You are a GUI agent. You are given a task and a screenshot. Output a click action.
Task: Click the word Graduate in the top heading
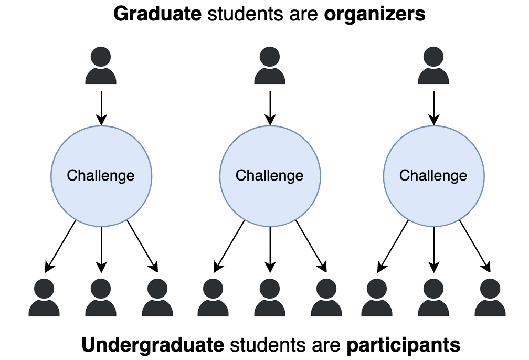point(157,14)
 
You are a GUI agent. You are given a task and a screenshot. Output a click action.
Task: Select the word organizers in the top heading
point(374,14)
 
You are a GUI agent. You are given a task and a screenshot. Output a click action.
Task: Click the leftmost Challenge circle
point(101,175)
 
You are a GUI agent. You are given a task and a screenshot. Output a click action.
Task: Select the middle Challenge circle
point(270,175)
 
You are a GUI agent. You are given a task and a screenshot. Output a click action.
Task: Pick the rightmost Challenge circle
point(433,175)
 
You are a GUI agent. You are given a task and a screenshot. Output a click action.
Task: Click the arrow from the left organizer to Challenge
point(101,108)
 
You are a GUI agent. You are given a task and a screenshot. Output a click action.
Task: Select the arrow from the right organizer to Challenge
point(433,108)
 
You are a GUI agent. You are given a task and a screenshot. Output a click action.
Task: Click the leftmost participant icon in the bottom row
point(44,298)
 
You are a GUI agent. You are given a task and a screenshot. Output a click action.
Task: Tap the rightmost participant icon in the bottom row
point(490,298)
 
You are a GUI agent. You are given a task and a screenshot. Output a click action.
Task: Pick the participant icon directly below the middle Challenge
point(270,298)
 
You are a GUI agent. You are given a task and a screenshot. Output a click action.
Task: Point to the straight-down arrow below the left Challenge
point(101,249)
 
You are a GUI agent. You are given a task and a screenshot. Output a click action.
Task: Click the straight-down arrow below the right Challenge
point(433,249)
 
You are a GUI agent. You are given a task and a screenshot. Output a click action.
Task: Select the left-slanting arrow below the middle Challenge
point(229,247)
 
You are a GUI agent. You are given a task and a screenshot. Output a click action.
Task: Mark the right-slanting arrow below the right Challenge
point(475,247)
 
